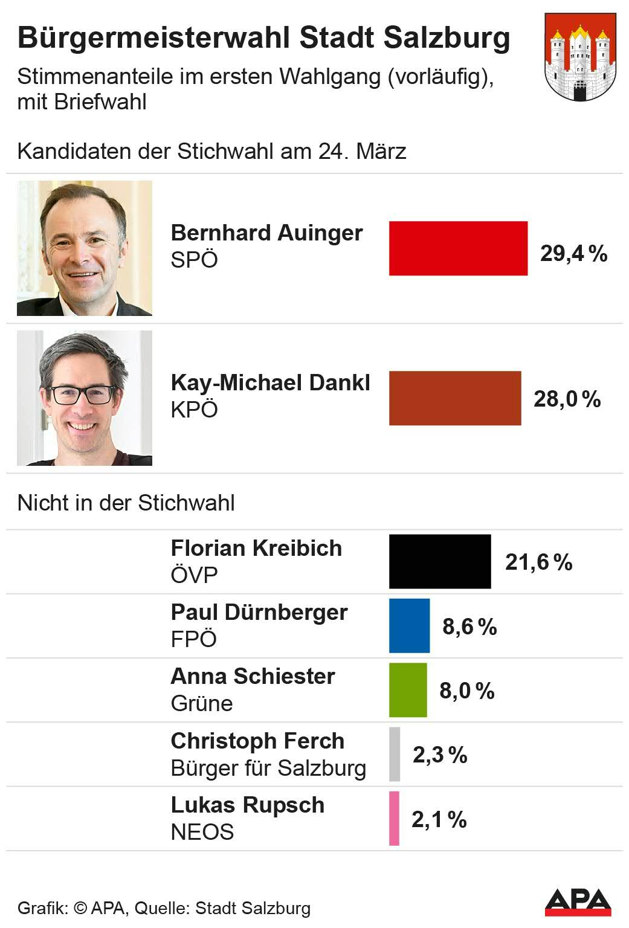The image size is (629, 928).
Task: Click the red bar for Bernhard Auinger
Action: pyautogui.click(x=458, y=248)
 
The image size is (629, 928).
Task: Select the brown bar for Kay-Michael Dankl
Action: pyautogui.click(x=454, y=398)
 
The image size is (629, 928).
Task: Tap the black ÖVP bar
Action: pyautogui.click(x=440, y=561)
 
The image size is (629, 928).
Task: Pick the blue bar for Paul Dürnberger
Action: pyautogui.click(x=409, y=626)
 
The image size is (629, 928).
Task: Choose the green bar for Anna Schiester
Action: pyautogui.click(x=408, y=690)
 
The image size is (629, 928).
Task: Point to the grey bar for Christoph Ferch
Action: pyautogui.click(x=395, y=754)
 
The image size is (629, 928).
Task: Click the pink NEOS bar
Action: pyautogui.click(x=394, y=818)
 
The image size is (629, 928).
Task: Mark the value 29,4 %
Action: pyautogui.click(x=573, y=253)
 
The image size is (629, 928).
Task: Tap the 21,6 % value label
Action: pyautogui.click(x=538, y=562)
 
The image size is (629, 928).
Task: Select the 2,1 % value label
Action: pyautogui.click(x=439, y=819)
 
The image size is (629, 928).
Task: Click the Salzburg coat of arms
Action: pyautogui.click(x=580, y=57)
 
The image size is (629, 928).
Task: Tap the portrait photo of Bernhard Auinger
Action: pyautogui.click(x=85, y=248)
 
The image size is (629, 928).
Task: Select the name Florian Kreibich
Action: pyautogui.click(x=256, y=548)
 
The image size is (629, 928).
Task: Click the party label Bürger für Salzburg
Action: pyautogui.click(x=268, y=768)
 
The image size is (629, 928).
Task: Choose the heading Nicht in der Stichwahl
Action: pyautogui.click(x=126, y=503)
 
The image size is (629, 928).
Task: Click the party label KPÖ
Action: pyautogui.click(x=194, y=410)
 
